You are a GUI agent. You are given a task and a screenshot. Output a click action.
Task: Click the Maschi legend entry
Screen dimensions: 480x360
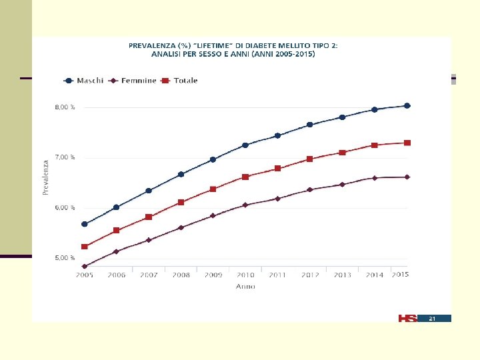[x=83, y=81]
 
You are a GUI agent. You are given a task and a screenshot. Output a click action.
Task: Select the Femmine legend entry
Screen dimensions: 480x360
[x=132, y=81]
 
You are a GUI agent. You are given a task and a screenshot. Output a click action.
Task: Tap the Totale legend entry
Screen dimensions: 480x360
[x=179, y=81]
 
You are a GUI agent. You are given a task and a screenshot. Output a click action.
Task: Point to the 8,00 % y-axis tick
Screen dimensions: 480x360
[x=65, y=107]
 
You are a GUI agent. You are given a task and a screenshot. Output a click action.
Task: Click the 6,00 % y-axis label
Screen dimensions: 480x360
[x=65, y=207]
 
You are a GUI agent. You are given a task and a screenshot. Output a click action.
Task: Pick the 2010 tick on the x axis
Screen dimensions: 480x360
[x=245, y=275]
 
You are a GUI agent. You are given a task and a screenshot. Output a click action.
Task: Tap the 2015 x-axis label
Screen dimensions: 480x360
[x=401, y=274]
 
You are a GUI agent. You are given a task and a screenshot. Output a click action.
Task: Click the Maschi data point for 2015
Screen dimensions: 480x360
[x=407, y=105]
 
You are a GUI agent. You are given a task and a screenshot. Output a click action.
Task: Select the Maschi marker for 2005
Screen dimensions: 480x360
[x=85, y=224]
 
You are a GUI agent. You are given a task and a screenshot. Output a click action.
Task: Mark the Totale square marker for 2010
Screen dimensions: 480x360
[x=245, y=177]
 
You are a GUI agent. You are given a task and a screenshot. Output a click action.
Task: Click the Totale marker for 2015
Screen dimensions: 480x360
[x=407, y=143]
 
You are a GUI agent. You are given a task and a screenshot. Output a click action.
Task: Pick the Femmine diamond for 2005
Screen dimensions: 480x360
[x=85, y=266]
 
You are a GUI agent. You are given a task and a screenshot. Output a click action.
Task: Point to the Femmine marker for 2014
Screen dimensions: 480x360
[x=375, y=178]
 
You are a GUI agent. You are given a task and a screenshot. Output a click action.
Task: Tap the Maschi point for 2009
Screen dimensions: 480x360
[x=213, y=159]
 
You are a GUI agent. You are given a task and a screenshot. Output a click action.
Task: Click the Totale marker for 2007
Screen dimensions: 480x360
[x=149, y=217]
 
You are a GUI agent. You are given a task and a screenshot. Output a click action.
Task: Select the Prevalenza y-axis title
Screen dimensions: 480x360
[x=45, y=177]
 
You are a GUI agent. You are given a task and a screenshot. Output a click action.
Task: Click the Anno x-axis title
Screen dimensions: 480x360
[x=245, y=287]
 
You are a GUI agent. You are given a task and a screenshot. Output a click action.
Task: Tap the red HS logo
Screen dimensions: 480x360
[x=407, y=319]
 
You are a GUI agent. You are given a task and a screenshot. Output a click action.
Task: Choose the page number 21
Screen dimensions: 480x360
[x=432, y=319]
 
